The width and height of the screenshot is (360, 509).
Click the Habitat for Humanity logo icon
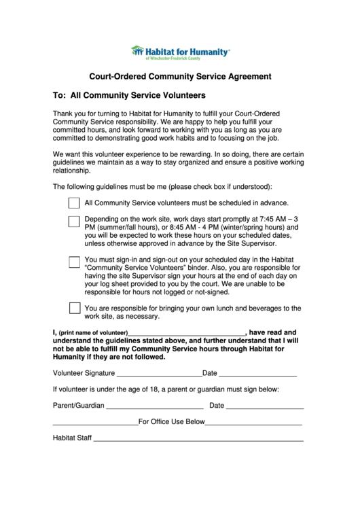137,51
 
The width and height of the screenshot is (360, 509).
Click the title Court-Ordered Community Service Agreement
180,77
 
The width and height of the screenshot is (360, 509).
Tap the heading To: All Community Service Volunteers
129,95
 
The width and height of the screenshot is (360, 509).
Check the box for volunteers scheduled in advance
75,203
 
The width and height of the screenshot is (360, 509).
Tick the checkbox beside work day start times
75,221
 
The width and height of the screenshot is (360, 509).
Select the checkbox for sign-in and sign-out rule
75,262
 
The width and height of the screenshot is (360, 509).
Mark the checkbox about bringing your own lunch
75,308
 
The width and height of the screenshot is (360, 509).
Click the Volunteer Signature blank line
159,374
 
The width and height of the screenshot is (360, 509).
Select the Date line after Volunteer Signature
258,374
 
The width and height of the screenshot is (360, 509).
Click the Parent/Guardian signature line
155,406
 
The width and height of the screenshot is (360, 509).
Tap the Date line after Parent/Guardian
265,406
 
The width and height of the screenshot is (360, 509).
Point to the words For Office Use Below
172,422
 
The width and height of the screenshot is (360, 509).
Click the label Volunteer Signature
84,373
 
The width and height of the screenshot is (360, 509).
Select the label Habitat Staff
72,438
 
